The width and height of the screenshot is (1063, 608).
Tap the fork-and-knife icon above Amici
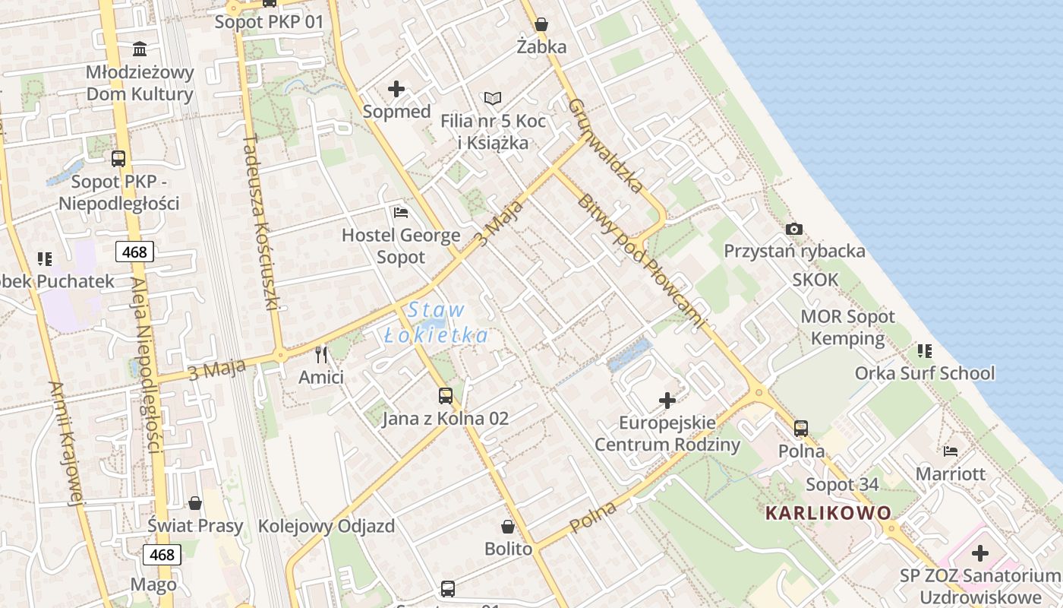(321, 354)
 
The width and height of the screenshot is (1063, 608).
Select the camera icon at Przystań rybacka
(794, 229)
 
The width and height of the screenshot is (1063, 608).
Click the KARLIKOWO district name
(828, 513)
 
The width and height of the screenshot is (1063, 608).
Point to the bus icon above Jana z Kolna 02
(445, 396)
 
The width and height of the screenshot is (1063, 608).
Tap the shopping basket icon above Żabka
(541, 24)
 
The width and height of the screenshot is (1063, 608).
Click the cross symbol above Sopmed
(396, 89)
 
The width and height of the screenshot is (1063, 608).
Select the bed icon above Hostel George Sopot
(401, 212)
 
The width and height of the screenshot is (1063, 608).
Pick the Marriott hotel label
(950, 474)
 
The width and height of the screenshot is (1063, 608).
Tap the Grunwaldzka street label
(606, 144)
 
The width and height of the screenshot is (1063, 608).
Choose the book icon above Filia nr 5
(493, 99)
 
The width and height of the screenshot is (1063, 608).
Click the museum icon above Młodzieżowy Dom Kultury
(140, 49)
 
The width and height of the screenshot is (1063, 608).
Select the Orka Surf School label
(924, 373)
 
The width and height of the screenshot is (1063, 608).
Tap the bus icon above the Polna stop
(801, 429)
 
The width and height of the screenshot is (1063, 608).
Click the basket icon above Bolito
(508, 527)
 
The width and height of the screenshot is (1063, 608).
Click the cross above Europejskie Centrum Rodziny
(667, 400)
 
